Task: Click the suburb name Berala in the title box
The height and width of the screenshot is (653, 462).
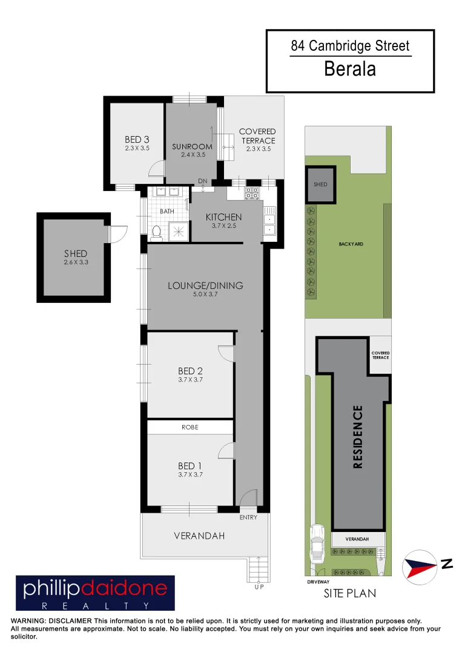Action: point(350,69)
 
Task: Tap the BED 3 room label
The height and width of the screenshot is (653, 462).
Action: point(137,140)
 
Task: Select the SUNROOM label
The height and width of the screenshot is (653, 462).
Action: point(193,146)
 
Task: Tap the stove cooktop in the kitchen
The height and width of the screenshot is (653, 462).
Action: point(251,193)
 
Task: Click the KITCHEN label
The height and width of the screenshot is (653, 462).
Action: point(223,217)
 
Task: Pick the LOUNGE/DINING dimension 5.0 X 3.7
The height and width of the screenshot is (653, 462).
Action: point(205,294)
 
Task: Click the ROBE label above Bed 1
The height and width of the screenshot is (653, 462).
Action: point(190,427)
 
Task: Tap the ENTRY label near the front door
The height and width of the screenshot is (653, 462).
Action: point(248,518)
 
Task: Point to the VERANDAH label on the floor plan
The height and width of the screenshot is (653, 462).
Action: point(199,536)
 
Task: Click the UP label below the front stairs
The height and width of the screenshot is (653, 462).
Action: point(259,586)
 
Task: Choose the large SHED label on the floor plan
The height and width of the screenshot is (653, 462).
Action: point(76,254)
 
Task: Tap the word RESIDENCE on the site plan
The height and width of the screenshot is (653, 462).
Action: point(357,437)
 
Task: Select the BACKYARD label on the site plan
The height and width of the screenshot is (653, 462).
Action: point(351,244)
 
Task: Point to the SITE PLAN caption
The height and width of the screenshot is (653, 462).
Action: point(349,593)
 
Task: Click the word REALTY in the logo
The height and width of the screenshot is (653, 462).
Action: point(94,605)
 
